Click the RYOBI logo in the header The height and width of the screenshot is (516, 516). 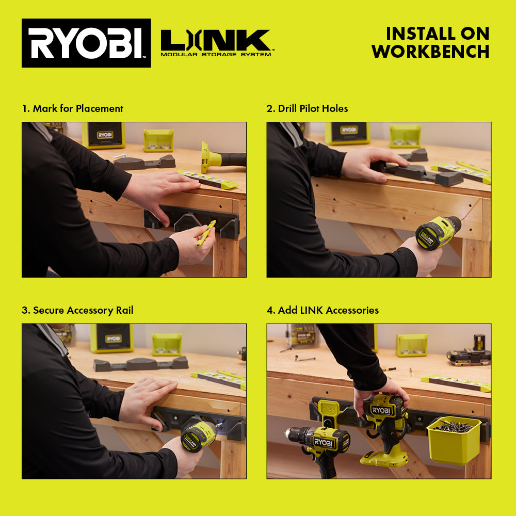(86, 43)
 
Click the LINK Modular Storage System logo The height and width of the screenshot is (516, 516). (216, 43)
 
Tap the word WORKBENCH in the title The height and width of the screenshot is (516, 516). (430, 51)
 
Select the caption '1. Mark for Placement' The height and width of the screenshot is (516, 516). (73, 108)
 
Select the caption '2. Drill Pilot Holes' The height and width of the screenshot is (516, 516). (308, 108)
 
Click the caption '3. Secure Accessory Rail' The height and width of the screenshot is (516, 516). (78, 310)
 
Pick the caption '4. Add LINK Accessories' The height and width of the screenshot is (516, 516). (323, 310)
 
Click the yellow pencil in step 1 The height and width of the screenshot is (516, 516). (205, 233)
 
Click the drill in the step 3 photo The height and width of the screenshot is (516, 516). (199, 436)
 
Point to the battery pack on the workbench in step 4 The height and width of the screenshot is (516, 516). (469, 353)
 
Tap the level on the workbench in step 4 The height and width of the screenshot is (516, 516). (455, 383)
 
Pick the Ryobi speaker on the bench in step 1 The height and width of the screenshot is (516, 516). (104, 135)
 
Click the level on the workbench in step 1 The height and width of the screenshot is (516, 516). (209, 179)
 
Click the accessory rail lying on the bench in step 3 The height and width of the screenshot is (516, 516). (140, 364)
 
